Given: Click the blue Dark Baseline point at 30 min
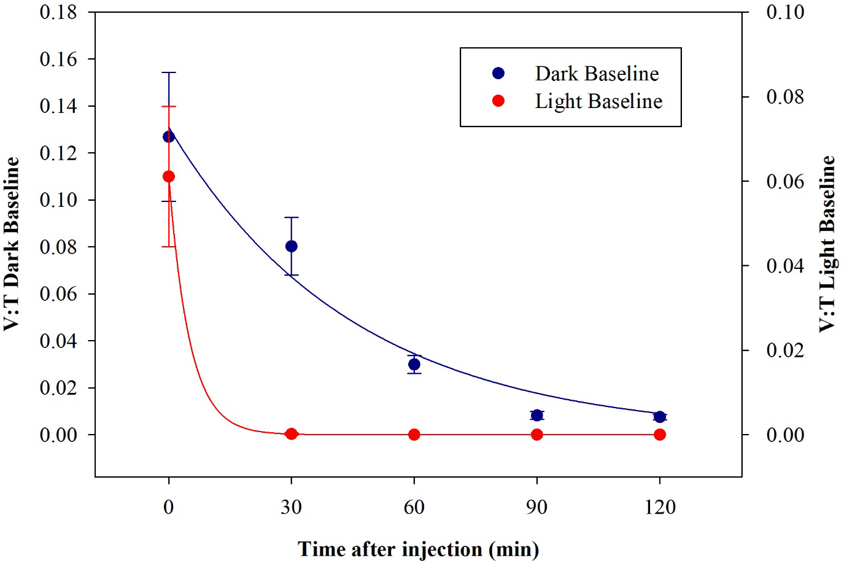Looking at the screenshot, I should pos(292,246).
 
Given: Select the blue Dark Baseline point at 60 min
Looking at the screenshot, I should pos(414,364).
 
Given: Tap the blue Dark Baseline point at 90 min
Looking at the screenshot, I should pos(537,416).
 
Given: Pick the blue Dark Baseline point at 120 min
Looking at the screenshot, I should pos(660,417).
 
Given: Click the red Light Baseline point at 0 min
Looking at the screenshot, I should pos(169,177).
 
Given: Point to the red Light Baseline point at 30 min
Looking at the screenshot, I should pos(292,434).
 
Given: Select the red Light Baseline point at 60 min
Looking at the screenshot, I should pos(414,435).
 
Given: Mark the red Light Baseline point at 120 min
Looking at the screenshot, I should pos(660,435).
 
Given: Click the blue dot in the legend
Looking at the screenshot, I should pos(498,74).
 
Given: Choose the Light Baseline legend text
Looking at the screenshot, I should pos(598,101).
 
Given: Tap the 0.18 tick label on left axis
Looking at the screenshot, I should pos(58,12).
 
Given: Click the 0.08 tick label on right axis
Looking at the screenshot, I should pos(785,97).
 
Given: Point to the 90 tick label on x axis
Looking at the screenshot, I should pos(537,507).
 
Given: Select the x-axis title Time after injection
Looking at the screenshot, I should pos(419,549).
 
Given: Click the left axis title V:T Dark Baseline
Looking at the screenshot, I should pos(12,244).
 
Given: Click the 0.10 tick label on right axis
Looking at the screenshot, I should pos(785,12).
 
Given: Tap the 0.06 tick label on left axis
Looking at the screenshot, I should pos(58,294).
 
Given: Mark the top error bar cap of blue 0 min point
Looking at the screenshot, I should pos(169,72).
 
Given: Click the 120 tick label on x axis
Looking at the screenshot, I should pos(660,507).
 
